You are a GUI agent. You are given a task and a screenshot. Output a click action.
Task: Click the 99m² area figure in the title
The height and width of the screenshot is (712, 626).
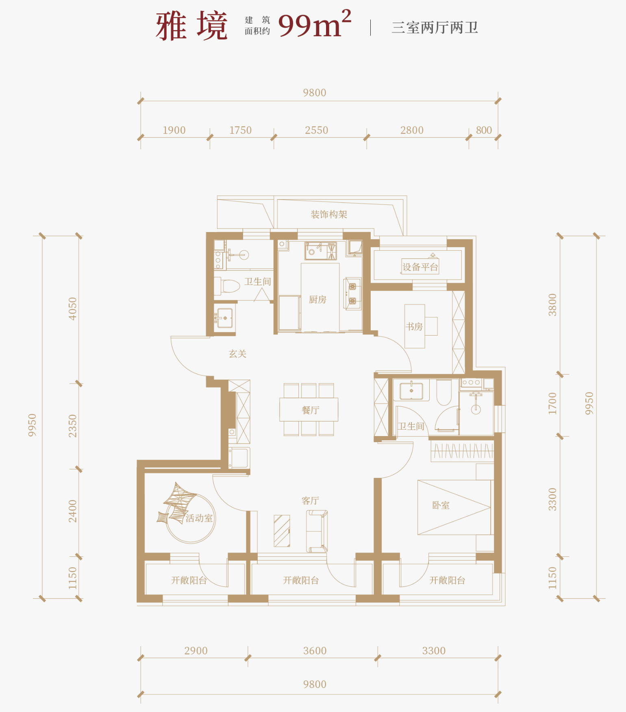tap(315, 24)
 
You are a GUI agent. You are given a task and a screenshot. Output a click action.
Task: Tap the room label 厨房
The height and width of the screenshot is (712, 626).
tap(317, 300)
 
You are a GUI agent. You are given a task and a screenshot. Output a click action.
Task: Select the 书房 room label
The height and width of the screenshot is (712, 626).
tap(414, 327)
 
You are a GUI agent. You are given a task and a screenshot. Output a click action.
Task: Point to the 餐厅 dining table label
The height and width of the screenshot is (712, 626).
tap(310, 410)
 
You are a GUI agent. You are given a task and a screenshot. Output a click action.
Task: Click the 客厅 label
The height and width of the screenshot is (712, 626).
tap(310, 501)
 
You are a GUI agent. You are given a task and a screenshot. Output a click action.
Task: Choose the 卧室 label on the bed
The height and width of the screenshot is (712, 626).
tap(441, 505)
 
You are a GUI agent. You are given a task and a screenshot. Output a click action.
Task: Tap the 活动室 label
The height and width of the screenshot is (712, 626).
tap(199, 518)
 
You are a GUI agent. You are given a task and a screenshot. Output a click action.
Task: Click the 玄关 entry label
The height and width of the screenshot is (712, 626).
tap(237, 354)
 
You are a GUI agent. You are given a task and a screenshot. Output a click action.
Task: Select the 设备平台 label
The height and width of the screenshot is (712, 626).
tap(420, 267)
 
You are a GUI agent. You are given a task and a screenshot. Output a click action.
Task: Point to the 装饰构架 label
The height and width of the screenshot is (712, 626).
tap(329, 215)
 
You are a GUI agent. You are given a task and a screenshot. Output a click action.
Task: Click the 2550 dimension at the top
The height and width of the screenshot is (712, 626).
tap(317, 130)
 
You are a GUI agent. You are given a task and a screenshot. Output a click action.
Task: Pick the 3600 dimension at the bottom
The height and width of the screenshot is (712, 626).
tap(315, 651)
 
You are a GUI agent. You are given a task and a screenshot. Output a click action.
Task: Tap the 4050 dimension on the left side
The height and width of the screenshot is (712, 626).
tap(72, 309)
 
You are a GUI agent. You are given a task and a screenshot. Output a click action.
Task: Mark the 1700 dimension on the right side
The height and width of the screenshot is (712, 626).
tap(552, 404)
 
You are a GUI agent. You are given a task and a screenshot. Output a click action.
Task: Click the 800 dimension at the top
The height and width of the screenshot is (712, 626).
tap(484, 130)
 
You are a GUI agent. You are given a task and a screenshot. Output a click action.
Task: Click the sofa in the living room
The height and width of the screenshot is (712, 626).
tap(317, 532)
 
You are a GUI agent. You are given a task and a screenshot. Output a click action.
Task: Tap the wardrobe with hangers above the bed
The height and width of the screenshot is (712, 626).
tap(462, 451)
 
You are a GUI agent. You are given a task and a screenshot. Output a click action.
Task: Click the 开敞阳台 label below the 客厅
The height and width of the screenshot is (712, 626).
tap(301, 580)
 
